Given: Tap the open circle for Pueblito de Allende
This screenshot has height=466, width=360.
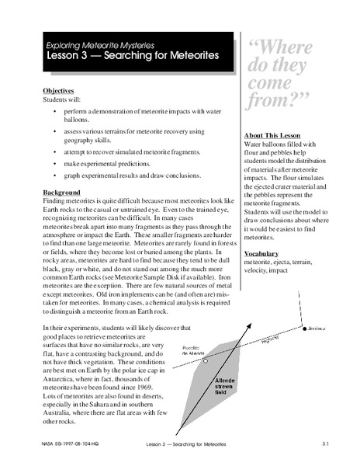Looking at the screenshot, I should click(204, 361).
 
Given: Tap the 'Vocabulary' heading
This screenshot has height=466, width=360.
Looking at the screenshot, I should click(261, 253).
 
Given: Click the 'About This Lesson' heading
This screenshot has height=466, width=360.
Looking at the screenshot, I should click(273, 134).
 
